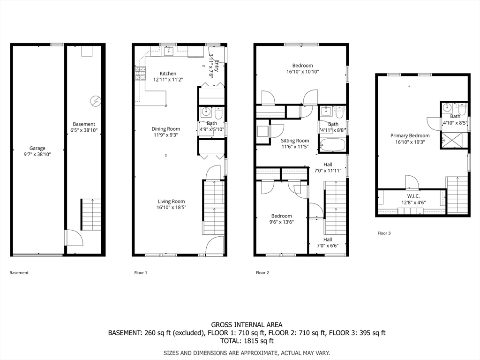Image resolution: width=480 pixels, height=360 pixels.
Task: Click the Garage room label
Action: (x=37, y=148)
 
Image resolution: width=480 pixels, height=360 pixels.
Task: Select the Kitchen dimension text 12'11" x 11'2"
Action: (x=168, y=80)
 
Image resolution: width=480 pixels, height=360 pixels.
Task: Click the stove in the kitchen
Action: (x=140, y=74)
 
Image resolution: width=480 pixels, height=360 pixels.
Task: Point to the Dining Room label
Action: (x=165, y=129)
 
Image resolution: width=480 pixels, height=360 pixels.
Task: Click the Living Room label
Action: (x=172, y=201)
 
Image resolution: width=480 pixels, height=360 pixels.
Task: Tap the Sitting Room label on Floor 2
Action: (x=295, y=141)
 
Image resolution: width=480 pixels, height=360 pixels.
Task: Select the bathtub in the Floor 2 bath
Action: (x=332, y=145)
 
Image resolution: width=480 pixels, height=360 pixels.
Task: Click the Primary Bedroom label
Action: (x=410, y=136)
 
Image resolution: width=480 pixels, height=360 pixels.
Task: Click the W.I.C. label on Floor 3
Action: (x=413, y=196)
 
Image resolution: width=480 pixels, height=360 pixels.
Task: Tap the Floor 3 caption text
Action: (x=384, y=233)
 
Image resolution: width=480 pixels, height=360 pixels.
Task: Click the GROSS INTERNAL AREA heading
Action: (x=247, y=324)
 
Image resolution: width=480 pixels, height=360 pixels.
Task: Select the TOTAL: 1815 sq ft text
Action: (x=247, y=341)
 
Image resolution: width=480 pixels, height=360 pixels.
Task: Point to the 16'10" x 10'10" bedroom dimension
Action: (x=302, y=72)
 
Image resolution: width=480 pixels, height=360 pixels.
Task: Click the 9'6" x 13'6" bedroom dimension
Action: (x=281, y=222)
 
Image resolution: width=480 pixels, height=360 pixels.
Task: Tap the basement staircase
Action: (x=91, y=215)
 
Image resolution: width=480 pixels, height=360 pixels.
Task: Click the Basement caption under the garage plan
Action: (x=19, y=272)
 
